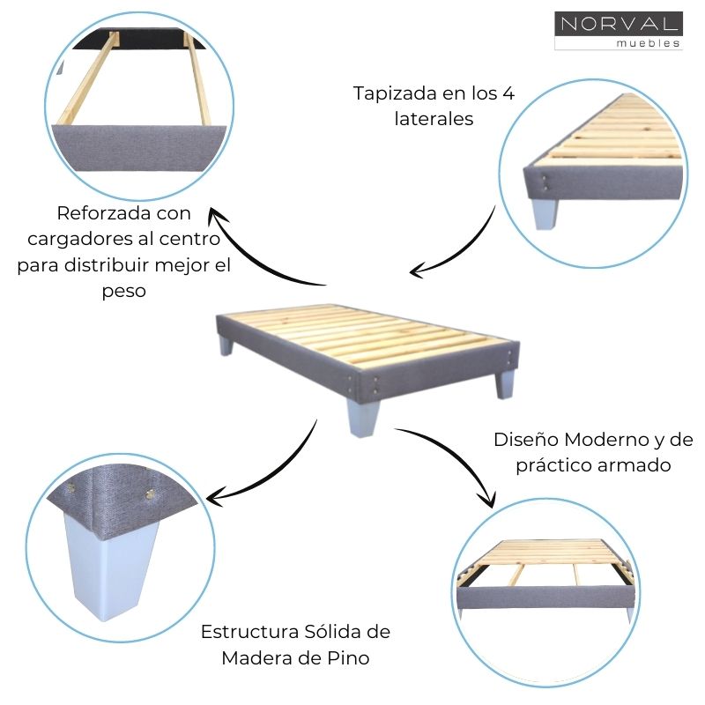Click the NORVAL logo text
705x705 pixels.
(618, 24)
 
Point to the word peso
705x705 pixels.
(123, 290)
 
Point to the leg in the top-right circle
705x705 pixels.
(545, 213)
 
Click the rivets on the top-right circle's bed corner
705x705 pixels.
(548, 181)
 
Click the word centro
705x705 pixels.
(189, 239)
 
